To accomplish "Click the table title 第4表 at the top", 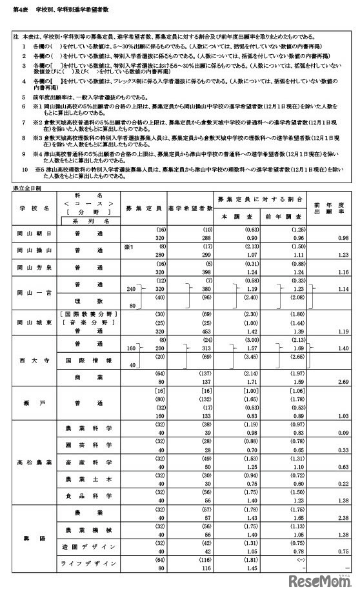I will pos(20,11).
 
